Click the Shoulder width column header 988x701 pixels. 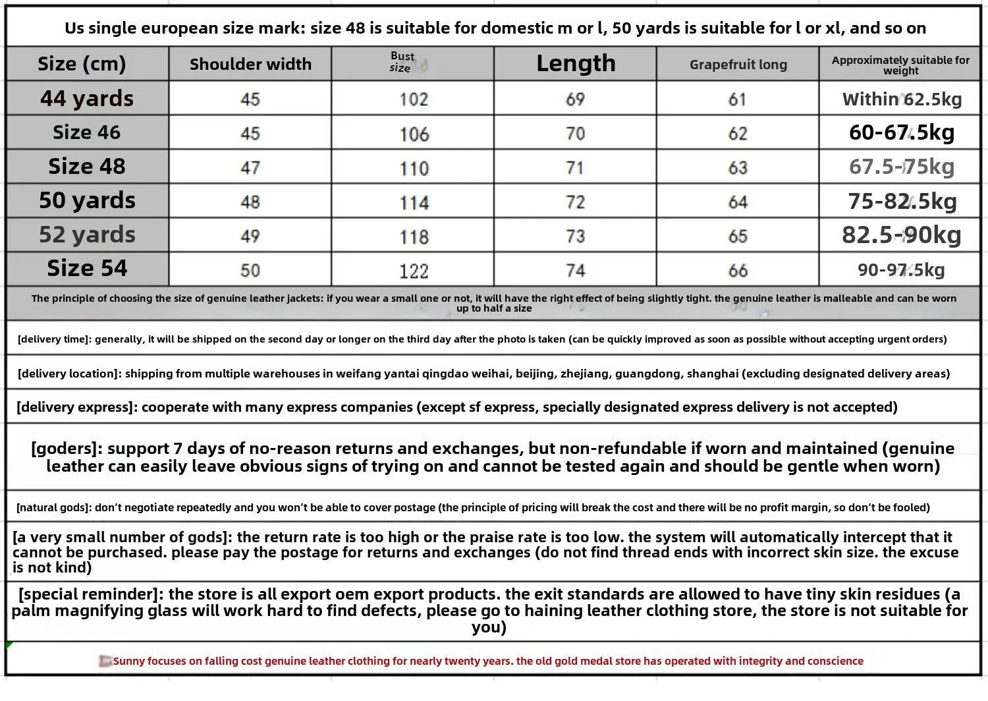(x=250, y=64)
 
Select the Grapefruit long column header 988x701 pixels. (x=738, y=65)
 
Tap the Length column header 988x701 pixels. (x=576, y=63)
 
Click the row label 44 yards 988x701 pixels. (x=87, y=99)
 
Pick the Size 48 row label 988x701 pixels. (x=87, y=167)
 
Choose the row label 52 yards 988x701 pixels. (x=87, y=235)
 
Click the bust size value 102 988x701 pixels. (x=414, y=99)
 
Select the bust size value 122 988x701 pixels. (x=414, y=271)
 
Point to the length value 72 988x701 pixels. (x=575, y=202)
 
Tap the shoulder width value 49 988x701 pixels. (x=250, y=236)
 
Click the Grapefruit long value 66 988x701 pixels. (x=738, y=271)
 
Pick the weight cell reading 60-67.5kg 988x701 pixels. (x=902, y=133)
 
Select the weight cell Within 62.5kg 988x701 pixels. (x=902, y=99)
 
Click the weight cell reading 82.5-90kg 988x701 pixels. (x=902, y=235)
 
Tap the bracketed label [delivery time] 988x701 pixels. (x=54, y=339)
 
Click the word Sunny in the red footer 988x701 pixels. (x=128, y=661)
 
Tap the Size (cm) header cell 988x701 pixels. (x=82, y=64)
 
